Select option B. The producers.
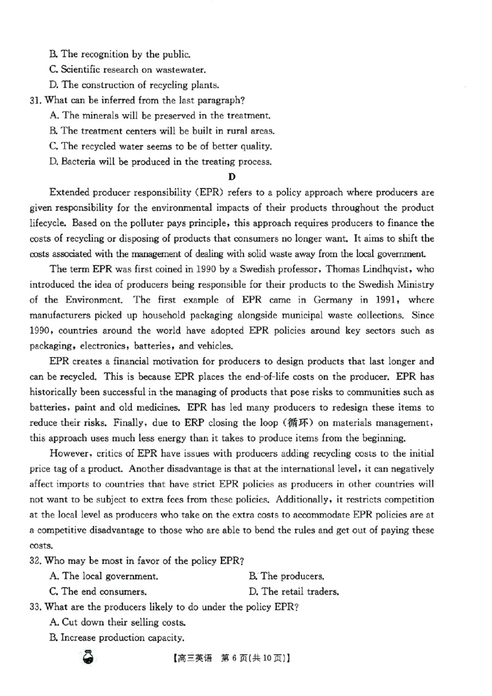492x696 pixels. coord(287,576)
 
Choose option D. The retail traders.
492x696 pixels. coord(294,591)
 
